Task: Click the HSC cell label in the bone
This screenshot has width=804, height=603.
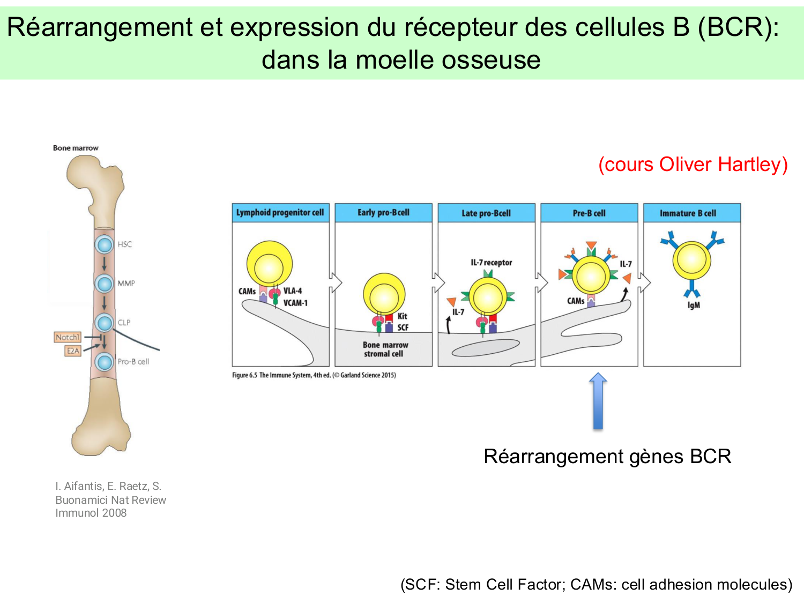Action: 124,244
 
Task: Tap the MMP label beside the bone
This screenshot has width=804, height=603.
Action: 126,283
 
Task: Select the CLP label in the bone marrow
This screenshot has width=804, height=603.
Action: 124,323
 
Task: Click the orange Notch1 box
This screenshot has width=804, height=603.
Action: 68,337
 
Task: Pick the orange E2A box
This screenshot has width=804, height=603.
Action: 73,351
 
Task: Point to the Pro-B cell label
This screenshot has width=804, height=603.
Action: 133,362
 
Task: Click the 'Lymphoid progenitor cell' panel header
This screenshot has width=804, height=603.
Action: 280,213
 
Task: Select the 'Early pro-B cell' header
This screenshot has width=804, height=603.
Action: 383,213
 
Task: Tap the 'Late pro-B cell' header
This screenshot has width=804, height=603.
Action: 486,213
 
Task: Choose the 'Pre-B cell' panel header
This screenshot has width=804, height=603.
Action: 589,213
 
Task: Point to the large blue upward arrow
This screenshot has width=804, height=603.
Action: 598,402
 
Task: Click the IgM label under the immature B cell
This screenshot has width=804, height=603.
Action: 694,306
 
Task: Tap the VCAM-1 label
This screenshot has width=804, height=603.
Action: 295,303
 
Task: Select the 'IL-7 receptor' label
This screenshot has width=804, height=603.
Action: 491,263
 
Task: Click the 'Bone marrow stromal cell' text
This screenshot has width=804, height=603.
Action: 385,349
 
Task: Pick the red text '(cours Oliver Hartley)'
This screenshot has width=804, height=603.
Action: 693,165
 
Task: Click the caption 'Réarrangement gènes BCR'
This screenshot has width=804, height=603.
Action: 607,457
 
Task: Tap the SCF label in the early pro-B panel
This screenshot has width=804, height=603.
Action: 403,327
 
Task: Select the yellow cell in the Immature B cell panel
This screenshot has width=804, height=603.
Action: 691,260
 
